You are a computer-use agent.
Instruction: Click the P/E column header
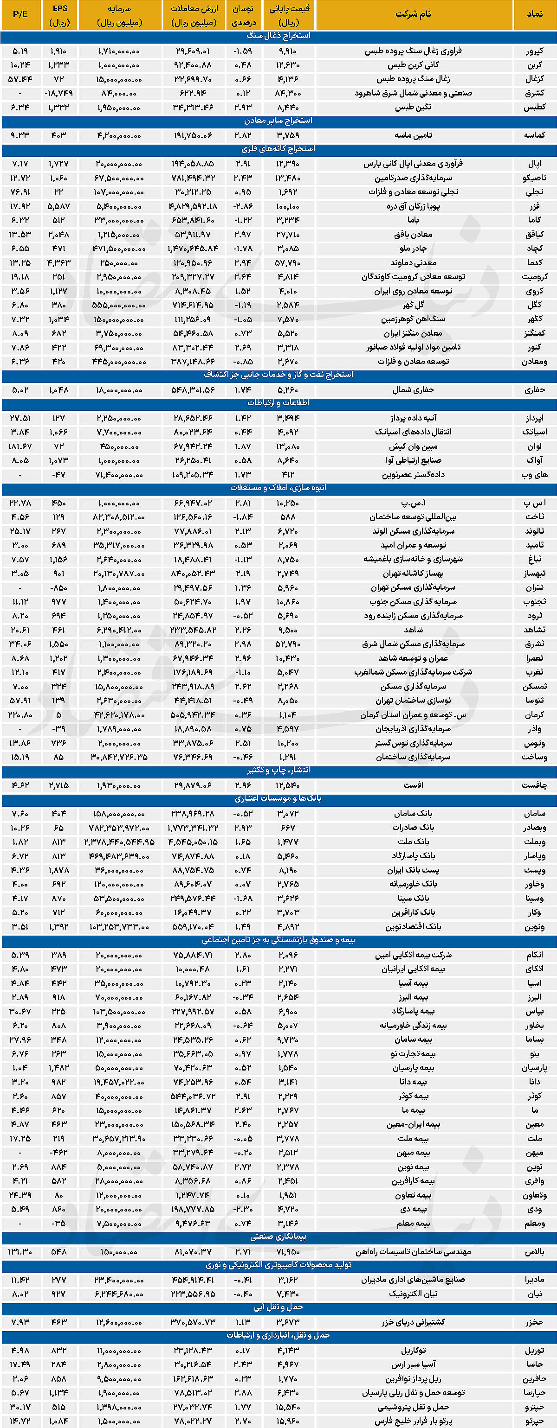(20, 14)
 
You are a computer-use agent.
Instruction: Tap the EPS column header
(59, 15)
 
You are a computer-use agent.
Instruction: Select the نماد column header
(535, 14)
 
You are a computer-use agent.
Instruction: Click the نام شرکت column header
(413, 14)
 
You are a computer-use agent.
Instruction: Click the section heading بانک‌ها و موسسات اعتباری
(278, 799)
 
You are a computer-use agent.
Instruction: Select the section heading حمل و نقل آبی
(278, 1307)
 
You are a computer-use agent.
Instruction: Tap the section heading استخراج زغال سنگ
(278, 36)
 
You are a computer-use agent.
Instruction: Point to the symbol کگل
(535, 305)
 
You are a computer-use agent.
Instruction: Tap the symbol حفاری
(535, 390)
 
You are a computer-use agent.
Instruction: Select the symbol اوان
(535, 446)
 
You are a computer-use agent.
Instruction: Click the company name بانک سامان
(413, 813)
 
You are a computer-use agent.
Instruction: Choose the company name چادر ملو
(413, 249)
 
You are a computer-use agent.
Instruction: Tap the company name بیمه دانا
(413, 1082)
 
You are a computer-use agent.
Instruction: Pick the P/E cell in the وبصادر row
(20, 828)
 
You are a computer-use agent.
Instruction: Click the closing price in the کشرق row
(288, 93)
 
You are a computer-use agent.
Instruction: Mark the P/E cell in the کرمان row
(20, 714)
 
